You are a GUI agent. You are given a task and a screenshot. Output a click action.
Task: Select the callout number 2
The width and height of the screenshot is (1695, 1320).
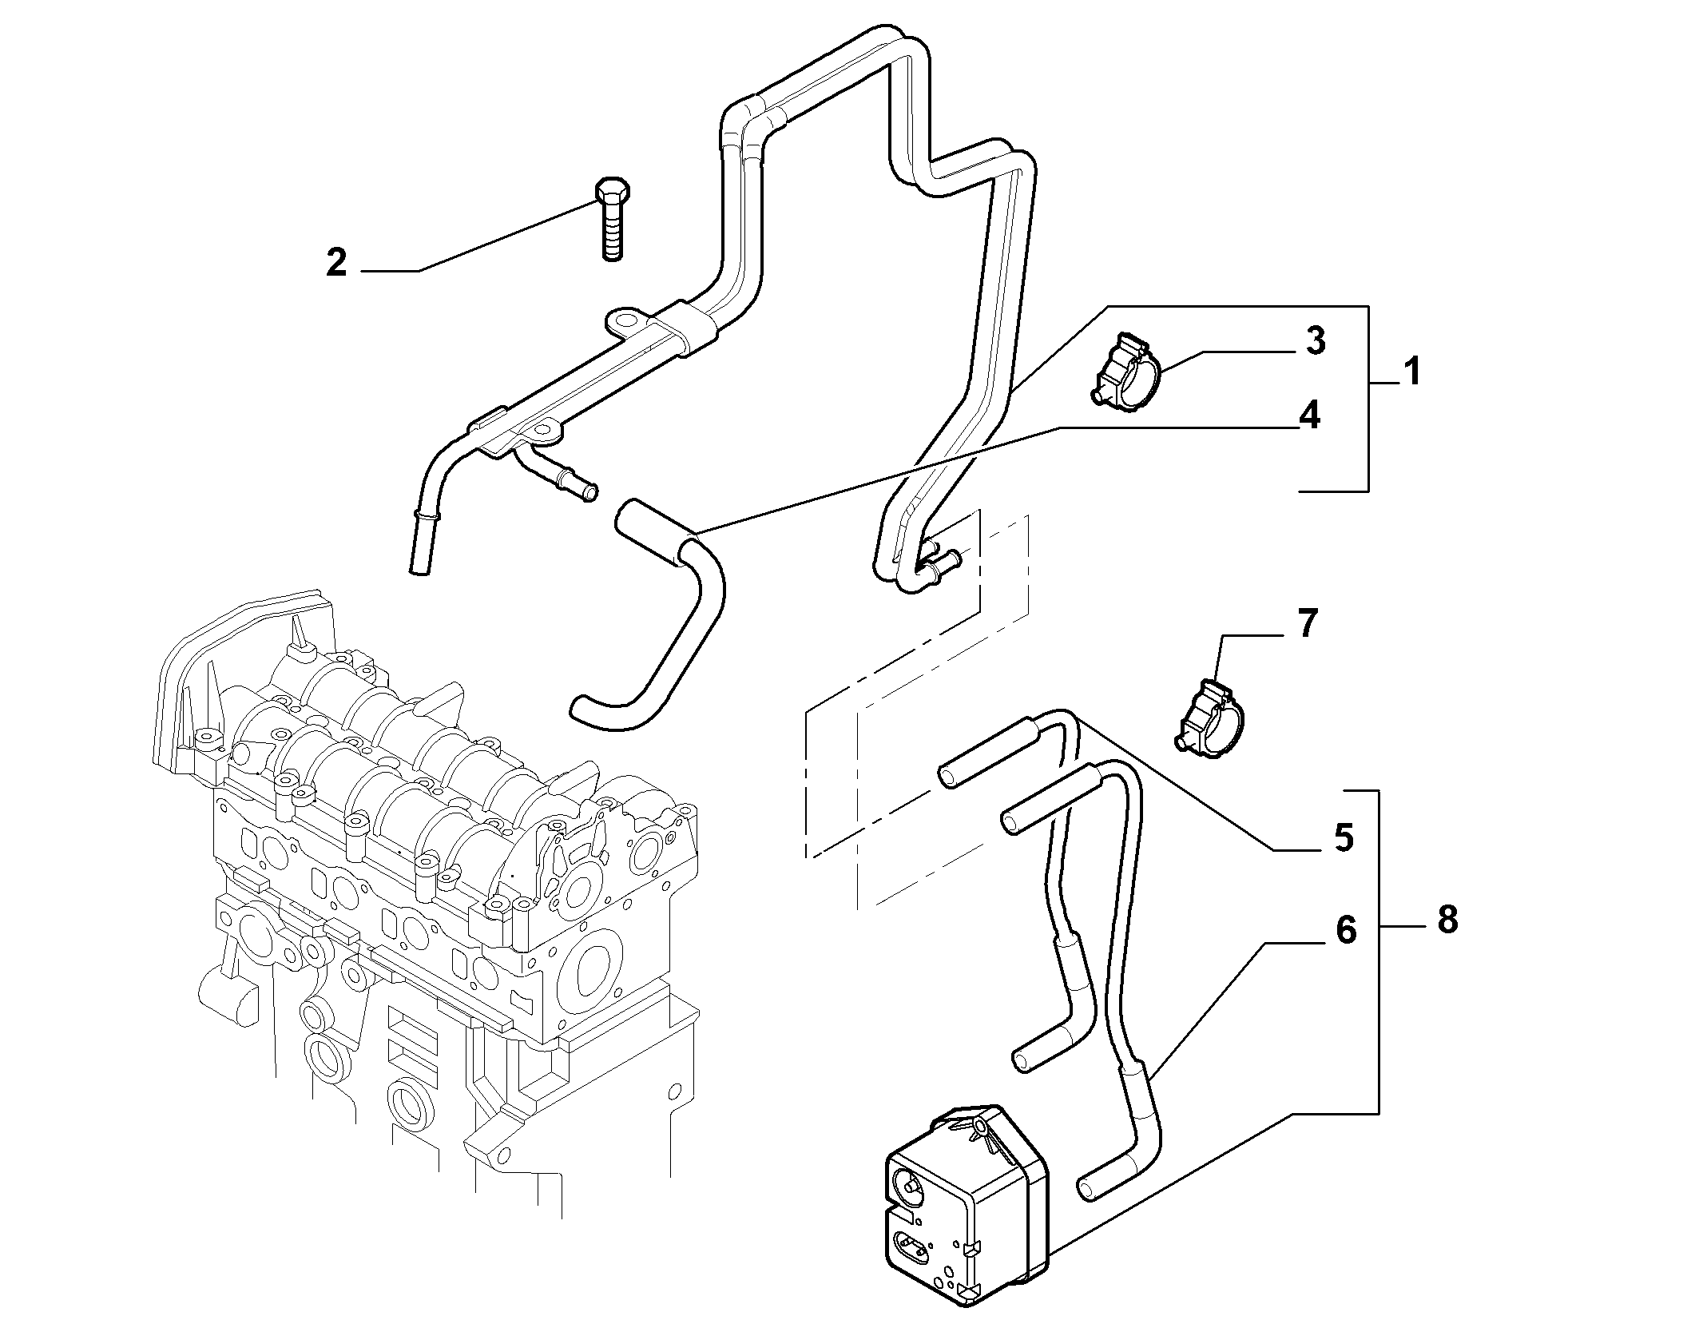[x=337, y=262]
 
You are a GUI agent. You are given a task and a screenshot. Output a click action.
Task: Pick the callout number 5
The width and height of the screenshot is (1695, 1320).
[x=1344, y=837]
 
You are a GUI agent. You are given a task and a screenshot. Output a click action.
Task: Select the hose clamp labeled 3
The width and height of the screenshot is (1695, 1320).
[x=1126, y=374]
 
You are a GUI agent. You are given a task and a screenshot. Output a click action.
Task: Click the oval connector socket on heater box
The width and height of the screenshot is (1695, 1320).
[x=916, y=1246]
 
